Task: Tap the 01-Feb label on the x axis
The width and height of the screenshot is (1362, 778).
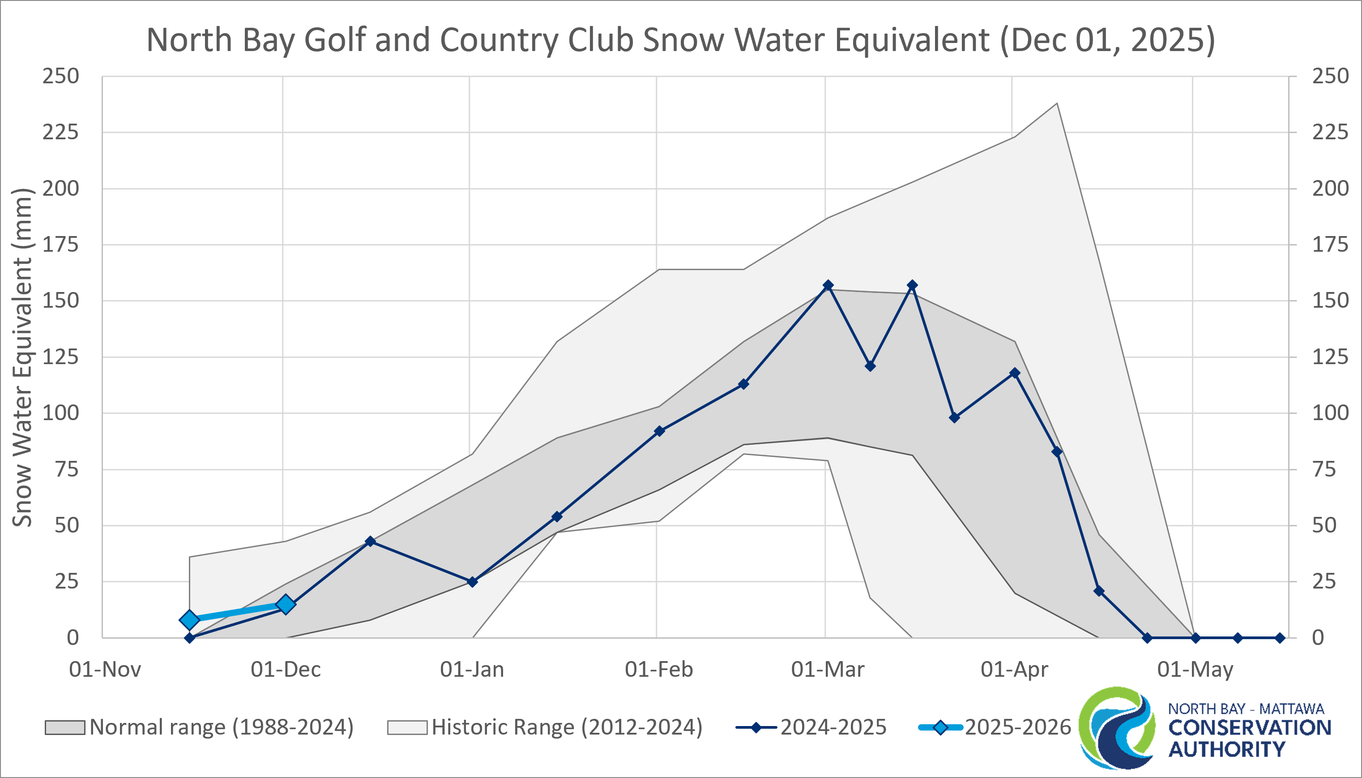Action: (659, 669)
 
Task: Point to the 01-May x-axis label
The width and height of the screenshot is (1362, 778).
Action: (1195, 669)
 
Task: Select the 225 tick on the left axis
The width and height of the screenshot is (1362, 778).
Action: (61, 132)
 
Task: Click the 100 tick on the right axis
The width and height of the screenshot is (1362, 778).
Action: (1330, 413)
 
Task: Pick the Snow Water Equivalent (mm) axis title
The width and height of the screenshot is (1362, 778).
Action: (22, 357)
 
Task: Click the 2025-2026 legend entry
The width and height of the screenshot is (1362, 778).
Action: (994, 727)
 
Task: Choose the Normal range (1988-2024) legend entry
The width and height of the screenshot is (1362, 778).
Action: (199, 727)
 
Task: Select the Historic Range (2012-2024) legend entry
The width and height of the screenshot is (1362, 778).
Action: (545, 727)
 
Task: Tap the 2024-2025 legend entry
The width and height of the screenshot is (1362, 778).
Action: (811, 727)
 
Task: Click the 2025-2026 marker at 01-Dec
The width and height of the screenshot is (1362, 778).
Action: (286, 604)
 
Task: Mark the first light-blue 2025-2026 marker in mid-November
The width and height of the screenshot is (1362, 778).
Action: (189, 620)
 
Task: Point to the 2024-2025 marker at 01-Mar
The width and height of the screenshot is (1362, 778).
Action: (828, 285)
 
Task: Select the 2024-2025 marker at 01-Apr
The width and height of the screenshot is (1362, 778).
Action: (1015, 373)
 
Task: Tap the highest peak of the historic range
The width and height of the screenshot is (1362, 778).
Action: (1057, 103)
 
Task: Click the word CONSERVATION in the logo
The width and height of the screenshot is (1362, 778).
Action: (1249, 728)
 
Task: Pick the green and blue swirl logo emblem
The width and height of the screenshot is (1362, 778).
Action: (1116, 728)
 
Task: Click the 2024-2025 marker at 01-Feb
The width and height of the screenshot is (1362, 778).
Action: (659, 431)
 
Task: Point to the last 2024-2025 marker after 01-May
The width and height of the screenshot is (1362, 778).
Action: (1280, 638)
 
